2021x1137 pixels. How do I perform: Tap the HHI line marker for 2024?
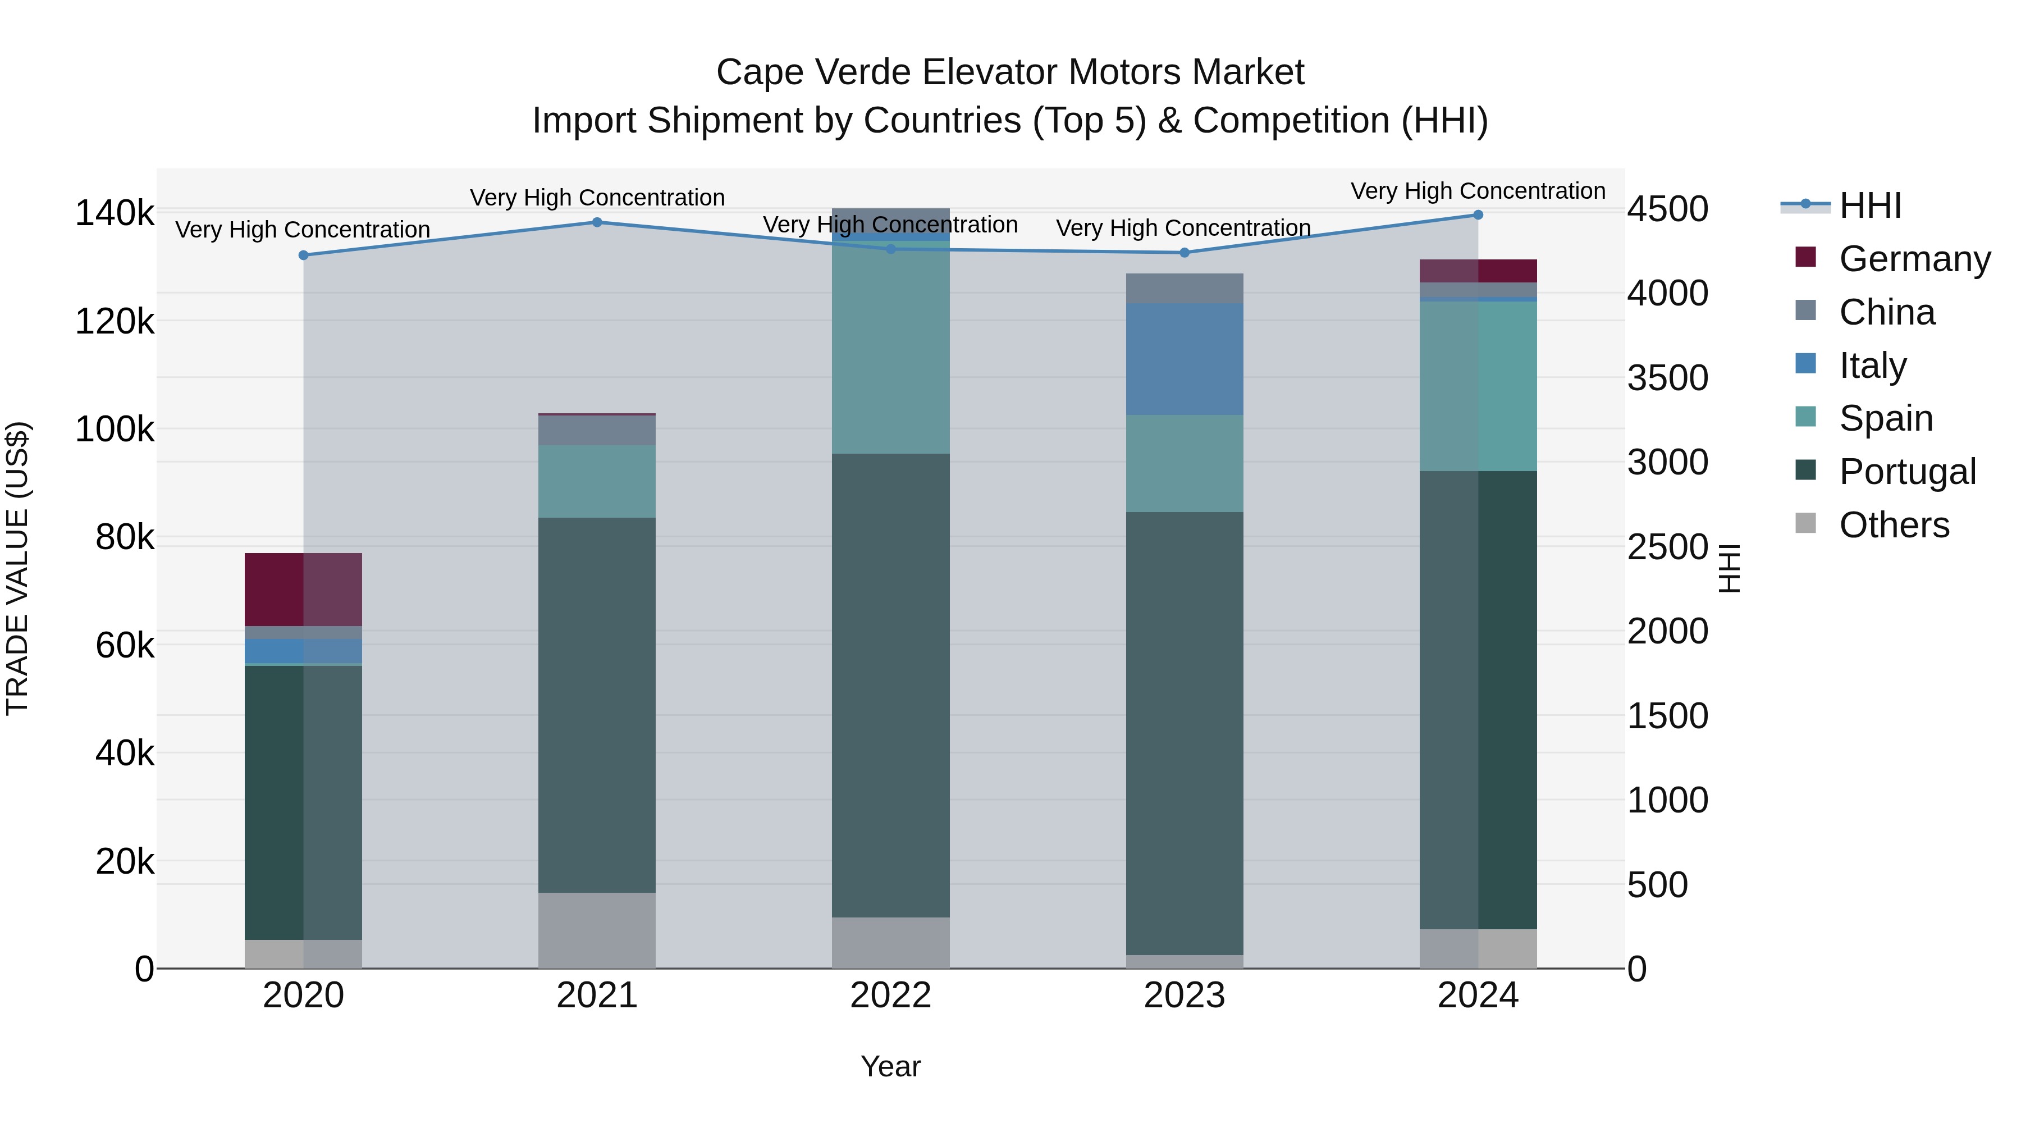[x=1478, y=215]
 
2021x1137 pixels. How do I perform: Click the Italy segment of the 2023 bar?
[x=1184, y=359]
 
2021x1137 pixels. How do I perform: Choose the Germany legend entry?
[x=1914, y=259]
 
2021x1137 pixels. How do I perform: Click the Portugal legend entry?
[x=1906, y=472]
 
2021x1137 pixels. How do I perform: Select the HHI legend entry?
[x=1869, y=206]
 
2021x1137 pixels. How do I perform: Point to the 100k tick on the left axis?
[x=115, y=429]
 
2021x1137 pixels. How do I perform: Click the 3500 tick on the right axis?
[x=1667, y=377]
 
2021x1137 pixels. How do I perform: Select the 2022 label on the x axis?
[x=890, y=996]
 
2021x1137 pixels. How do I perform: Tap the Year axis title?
[x=890, y=1066]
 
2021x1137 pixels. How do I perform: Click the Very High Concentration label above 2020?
[x=303, y=230]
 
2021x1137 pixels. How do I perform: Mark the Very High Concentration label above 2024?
[x=1478, y=191]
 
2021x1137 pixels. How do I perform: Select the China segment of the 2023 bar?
[x=1184, y=289]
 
